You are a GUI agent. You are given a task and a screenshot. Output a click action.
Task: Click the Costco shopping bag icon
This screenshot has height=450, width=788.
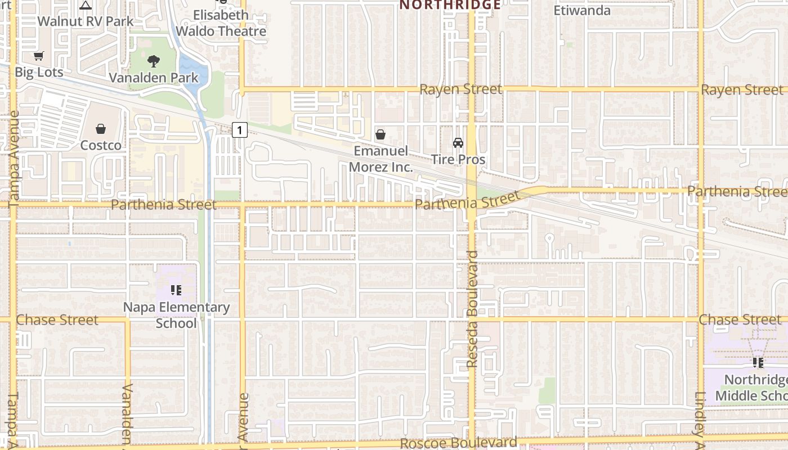[101, 129]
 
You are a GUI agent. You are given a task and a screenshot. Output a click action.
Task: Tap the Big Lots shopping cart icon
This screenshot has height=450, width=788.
[38, 56]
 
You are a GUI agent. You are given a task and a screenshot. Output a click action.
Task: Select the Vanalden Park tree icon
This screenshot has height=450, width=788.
[153, 61]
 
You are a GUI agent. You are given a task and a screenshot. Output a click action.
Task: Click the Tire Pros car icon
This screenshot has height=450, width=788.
[458, 143]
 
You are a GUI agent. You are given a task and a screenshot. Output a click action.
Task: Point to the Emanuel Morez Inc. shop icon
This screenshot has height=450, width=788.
[380, 134]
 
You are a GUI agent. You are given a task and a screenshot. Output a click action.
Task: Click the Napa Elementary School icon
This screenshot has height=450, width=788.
[176, 290]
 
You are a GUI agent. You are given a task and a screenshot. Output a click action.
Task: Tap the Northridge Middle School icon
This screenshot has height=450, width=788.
[758, 363]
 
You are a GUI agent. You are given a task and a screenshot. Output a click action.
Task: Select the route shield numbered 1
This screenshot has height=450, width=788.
[240, 130]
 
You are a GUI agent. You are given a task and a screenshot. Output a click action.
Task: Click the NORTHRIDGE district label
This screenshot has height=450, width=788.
[450, 5]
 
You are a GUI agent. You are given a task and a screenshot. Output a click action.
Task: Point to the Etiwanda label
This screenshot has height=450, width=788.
[582, 10]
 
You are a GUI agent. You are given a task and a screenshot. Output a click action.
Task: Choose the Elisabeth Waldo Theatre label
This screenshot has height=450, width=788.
[221, 23]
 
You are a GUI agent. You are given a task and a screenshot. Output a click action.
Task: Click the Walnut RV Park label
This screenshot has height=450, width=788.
[86, 21]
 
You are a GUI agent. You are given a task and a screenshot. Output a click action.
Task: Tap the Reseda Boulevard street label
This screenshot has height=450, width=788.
[472, 309]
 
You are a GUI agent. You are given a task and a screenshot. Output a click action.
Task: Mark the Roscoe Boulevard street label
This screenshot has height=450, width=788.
[458, 443]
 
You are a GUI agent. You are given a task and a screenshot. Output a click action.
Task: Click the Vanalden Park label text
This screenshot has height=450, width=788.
[154, 78]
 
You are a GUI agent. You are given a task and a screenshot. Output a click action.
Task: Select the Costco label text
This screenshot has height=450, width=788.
[101, 145]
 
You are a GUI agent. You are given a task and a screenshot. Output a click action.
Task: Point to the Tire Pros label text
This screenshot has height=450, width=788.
[458, 159]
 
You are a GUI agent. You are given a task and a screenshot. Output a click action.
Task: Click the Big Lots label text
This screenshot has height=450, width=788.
[39, 72]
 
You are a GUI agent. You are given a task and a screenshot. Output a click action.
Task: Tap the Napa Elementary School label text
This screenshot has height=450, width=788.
[176, 315]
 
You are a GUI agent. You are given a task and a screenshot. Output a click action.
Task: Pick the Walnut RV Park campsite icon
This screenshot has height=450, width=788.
[86, 5]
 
